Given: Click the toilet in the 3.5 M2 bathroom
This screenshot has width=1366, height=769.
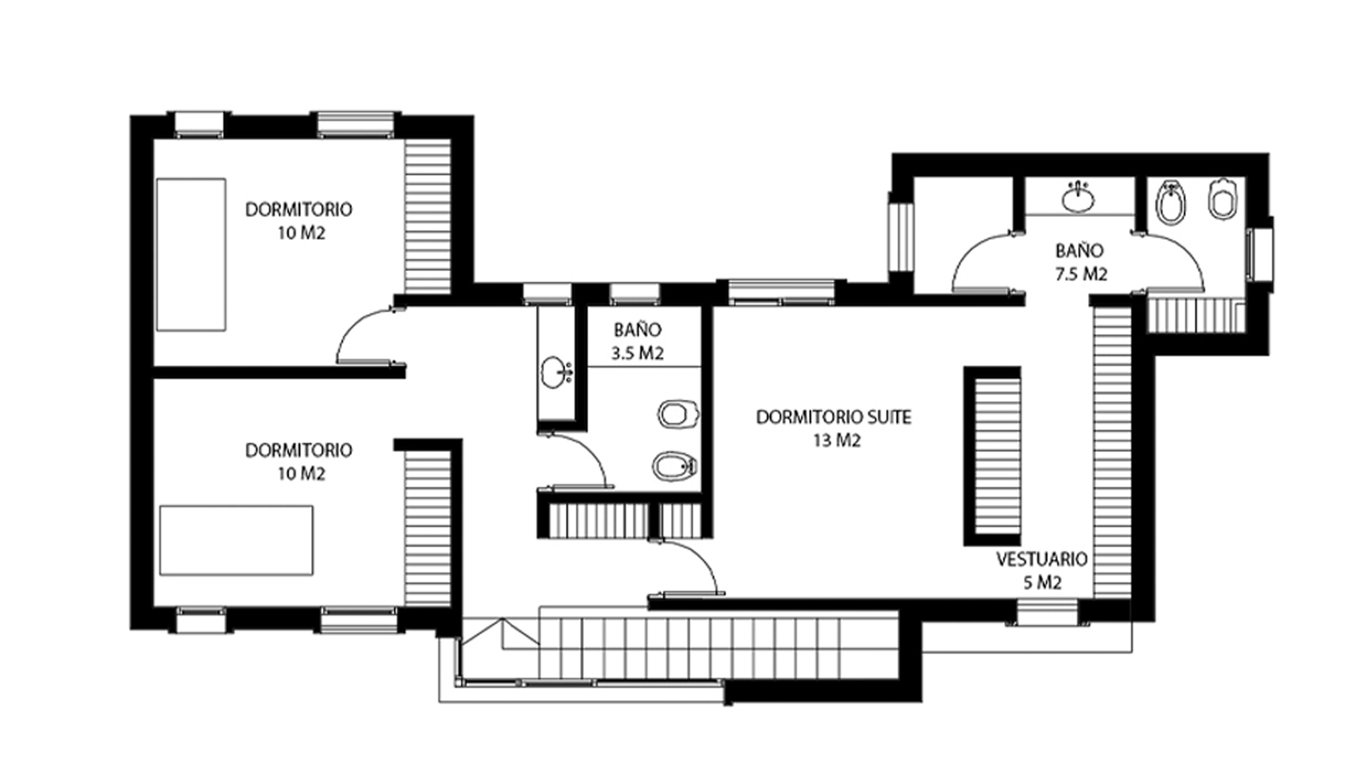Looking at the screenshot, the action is tap(678, 414).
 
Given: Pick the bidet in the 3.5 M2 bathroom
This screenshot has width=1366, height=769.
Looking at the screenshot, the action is tap(674, 466).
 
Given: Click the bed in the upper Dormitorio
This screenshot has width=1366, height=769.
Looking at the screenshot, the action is tap(191, 254).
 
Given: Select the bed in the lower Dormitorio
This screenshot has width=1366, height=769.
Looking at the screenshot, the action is tap(236, 540).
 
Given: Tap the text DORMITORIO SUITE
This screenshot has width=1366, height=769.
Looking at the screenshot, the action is tap(833, 417).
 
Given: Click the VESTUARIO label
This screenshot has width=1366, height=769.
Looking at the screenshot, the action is tap(1042, 559).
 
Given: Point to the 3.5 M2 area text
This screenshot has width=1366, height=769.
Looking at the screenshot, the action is tap(638, 353).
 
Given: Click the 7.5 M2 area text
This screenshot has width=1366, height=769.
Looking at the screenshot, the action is tap(1081, 274).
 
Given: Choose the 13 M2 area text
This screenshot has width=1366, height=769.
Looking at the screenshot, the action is tap(837, 441).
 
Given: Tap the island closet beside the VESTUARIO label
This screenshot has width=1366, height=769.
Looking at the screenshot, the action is tap(992, 456).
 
